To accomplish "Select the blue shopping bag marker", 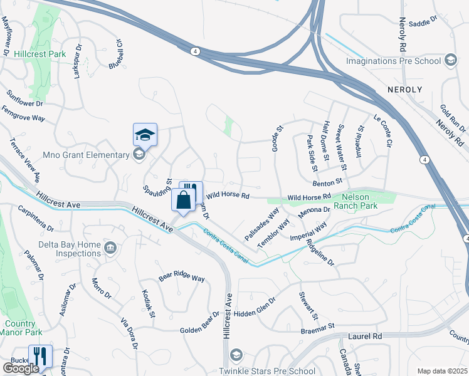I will [x=184, y=201].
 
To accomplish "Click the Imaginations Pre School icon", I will [x=450, y=61].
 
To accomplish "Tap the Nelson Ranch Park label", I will [x=356, y=200].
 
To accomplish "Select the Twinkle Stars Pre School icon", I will [x=236, y=355].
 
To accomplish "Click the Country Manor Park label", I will [x=20, y=328].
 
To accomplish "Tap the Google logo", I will [x=21, y=368].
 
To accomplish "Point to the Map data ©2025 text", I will [x=441, y=371].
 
